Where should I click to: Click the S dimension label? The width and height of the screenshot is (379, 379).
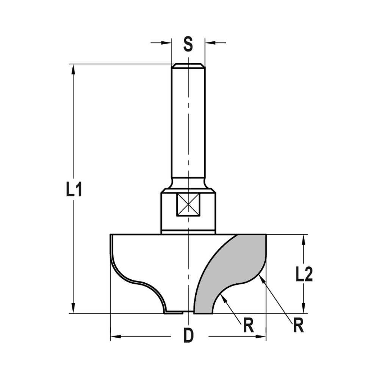point(188,44)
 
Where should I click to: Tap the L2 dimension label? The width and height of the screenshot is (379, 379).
point(304,275)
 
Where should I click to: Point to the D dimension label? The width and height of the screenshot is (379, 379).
point(188,336)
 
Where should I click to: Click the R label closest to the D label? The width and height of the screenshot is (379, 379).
point(248,326)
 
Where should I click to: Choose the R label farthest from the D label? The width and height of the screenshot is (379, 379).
point(298,326)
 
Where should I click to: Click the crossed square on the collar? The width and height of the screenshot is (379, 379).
point(188,205)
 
